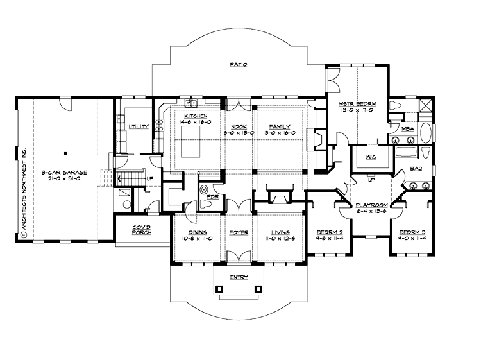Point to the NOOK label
(x=239, y=126)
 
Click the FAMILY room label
(x=279, y=126)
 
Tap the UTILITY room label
(x=138, y=127)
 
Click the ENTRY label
(x=239, y=277)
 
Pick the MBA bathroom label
(x=407, y=130)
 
